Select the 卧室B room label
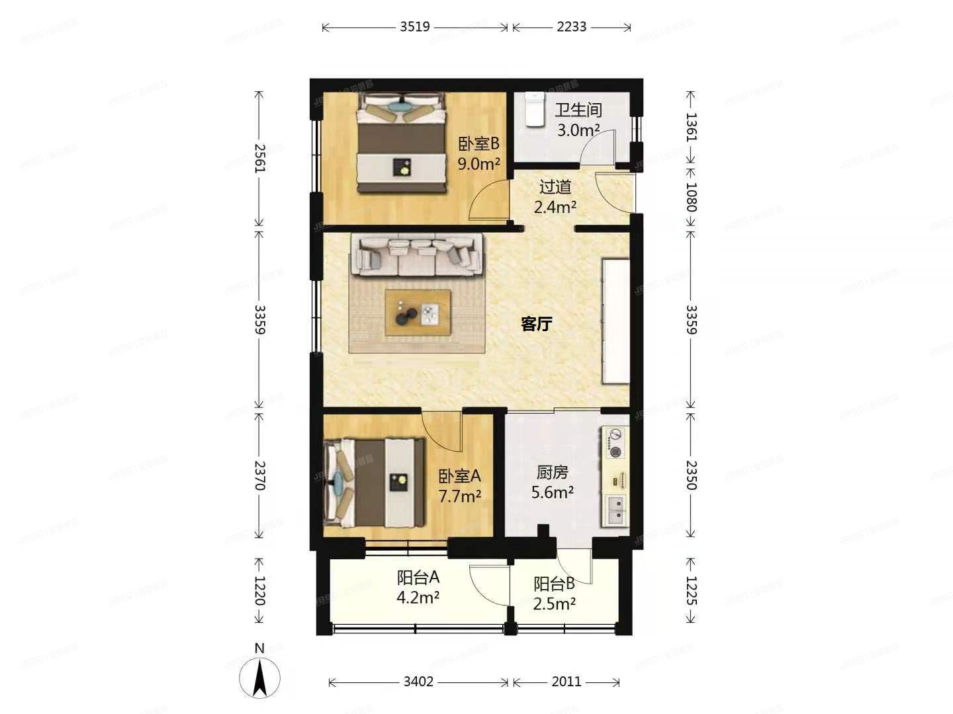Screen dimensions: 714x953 click(x=478, y=144)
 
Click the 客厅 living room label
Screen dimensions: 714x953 click(x=536, y=324)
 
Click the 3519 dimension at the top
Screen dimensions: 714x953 click(x=415, y=27)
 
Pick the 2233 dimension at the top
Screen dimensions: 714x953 click(x=571, y=27)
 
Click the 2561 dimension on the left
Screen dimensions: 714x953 click(x=259, y=159)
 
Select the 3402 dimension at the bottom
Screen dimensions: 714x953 click(x=418, y=682)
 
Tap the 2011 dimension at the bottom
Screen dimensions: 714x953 click(x=567, y=682)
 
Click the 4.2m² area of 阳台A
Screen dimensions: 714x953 click(x=418, y=597)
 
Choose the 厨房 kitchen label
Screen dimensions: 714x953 click(x=552, y=473)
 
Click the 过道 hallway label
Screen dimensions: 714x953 click(x=555, y=187)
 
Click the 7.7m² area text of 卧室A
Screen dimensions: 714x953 click(x=460, y=496)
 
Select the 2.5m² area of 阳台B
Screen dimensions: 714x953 click(x=555, y=603)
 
